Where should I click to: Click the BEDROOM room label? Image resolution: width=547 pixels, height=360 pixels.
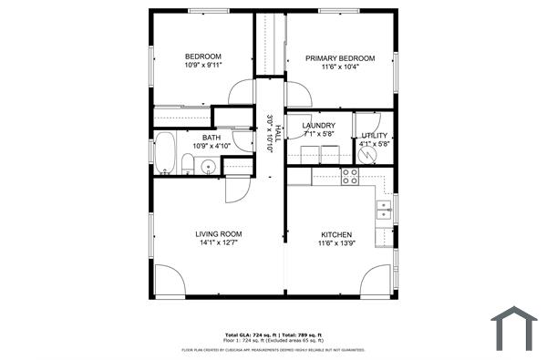point(202,56)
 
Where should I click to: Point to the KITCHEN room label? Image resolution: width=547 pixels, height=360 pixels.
point(335,234)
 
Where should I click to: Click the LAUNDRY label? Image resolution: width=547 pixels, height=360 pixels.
point(319,126)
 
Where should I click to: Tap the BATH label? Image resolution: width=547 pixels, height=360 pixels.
point(212,138)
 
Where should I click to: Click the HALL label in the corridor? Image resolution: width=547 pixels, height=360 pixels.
point(269,133)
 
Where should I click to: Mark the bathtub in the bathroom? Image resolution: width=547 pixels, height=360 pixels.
point(165,153)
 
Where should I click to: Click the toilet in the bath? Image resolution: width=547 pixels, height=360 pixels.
point(187,165)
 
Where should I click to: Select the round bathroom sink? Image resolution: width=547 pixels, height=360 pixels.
point(207,167)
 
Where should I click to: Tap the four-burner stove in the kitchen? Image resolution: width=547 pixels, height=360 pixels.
point(350,176)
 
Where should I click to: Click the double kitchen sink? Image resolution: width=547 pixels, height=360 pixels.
point(385,211)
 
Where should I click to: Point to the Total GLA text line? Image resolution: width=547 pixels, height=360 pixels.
point(273,334)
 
